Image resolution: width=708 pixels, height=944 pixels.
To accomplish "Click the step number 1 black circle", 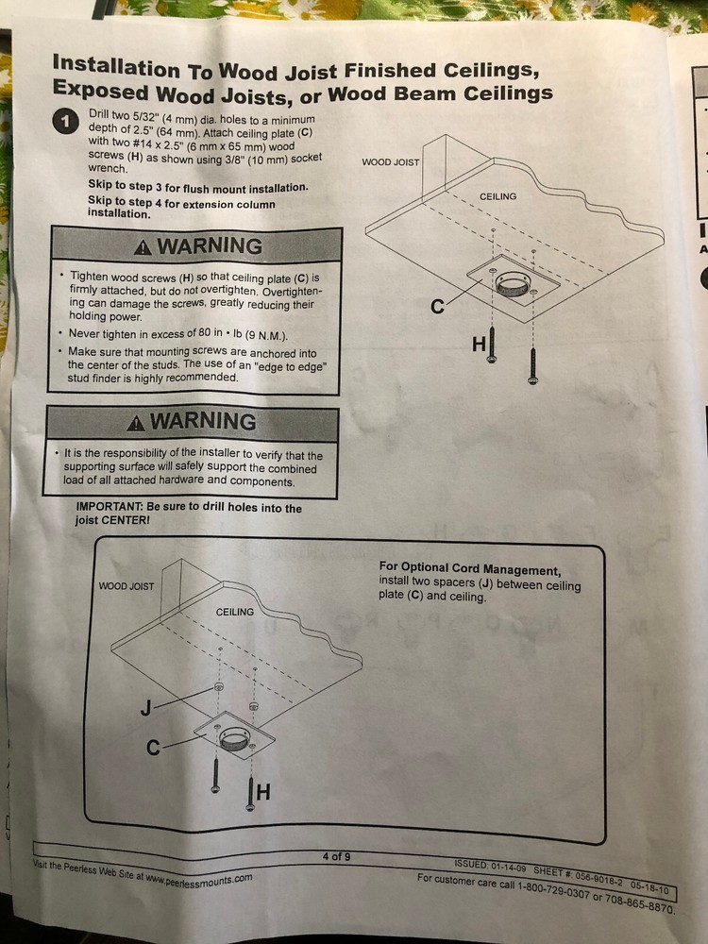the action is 65,121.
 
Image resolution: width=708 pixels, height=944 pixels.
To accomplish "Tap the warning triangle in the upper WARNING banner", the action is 143,246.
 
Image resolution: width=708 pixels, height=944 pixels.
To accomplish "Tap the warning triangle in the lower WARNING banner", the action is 136,423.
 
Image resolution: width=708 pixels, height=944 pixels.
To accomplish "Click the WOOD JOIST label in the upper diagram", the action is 390,162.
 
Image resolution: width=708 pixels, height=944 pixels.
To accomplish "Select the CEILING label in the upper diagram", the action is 497,196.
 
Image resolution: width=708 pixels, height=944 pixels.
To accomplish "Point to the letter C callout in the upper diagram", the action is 438,307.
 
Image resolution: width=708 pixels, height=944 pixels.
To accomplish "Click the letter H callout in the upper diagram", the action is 479,345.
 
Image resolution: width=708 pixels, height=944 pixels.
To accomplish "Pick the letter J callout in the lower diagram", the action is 145,708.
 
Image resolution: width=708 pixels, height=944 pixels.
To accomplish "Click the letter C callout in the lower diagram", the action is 154,748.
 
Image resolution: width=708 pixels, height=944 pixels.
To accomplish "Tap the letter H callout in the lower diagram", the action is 263,792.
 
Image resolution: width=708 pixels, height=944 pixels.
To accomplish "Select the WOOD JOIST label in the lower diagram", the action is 126,586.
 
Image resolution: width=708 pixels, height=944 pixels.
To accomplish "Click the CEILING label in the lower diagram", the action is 235,612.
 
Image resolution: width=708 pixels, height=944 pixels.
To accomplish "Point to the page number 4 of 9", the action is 337,856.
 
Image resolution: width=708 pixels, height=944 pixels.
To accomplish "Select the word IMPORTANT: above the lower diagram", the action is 110,506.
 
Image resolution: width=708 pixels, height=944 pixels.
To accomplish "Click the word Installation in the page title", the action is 116,66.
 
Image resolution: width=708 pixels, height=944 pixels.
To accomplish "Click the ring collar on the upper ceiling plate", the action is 513,283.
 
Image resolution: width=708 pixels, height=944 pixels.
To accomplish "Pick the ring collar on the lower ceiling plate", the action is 234,737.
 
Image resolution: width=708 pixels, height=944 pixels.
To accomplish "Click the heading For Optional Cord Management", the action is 469,568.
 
